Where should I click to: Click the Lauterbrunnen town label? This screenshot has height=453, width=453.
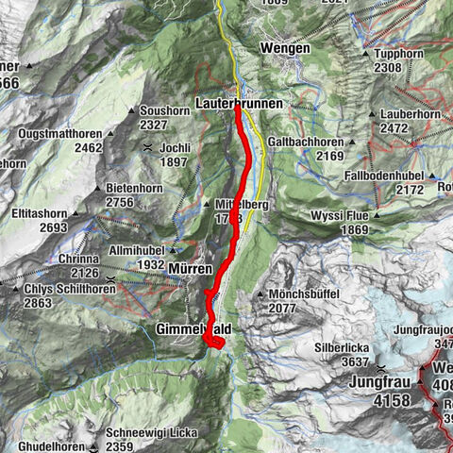point(237,98)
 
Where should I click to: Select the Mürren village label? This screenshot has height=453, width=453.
point(192,270)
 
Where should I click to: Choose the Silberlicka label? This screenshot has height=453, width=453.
point(344,348)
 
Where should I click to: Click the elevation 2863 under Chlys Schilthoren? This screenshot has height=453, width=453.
point(46,302)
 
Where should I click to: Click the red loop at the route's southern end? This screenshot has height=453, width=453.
point(214,342)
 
